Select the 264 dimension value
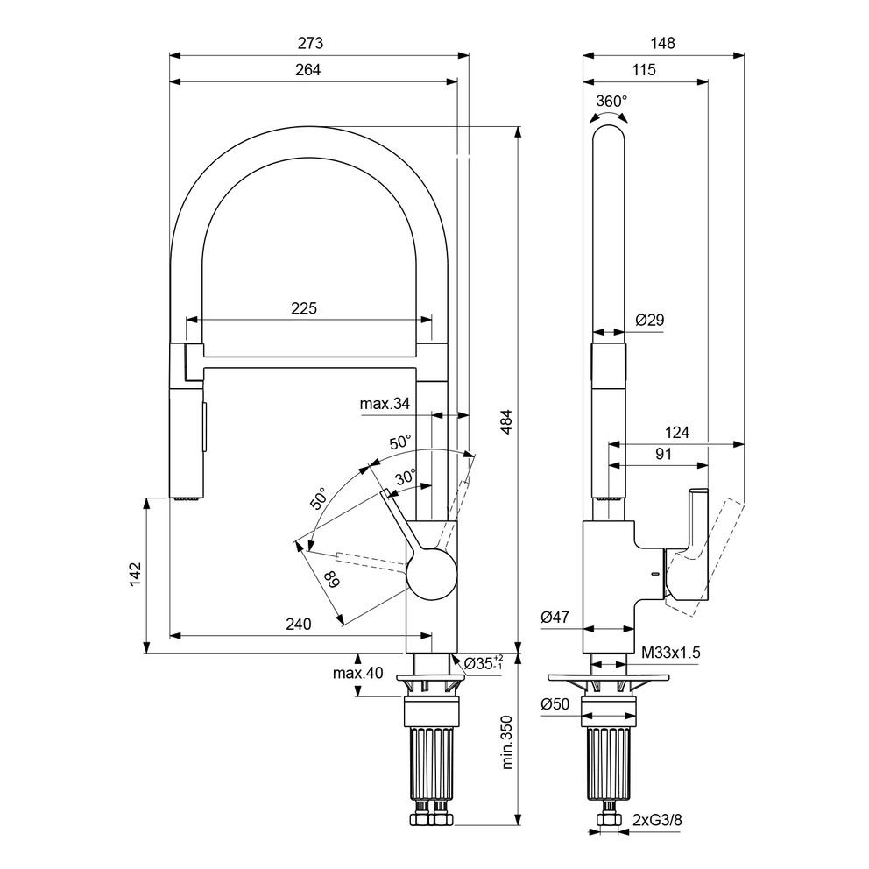[307, 71]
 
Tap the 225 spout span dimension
[304, 308]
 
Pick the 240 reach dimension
[298, 625]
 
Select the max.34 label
[385, 404]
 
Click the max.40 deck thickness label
[334, 674]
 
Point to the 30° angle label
[406, 478]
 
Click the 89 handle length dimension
[331, 578]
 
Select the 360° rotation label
[611, 101]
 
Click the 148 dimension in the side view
[662, 43]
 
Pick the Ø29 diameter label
[649, 321]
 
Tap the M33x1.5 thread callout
[671, 653]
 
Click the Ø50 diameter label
[555, 703]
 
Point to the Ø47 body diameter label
[555, 618]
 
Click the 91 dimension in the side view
[663, 454]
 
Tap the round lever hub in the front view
[432, 574]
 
